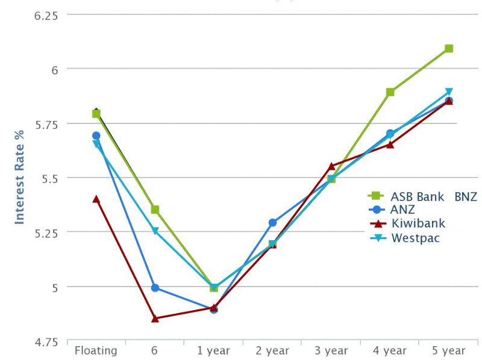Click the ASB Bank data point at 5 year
449,48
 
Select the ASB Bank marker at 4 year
390,92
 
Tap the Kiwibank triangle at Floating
96,199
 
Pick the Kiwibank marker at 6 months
155,318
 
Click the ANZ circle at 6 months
155,288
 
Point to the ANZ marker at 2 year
272,223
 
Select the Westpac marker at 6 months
155,231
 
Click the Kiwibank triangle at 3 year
331,166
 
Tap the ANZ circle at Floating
96,135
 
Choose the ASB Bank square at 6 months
155,209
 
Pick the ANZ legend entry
403,209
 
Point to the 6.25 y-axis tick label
46,15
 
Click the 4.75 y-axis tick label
46,342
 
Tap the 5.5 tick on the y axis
49,178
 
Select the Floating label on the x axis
96,350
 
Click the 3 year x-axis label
331,350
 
